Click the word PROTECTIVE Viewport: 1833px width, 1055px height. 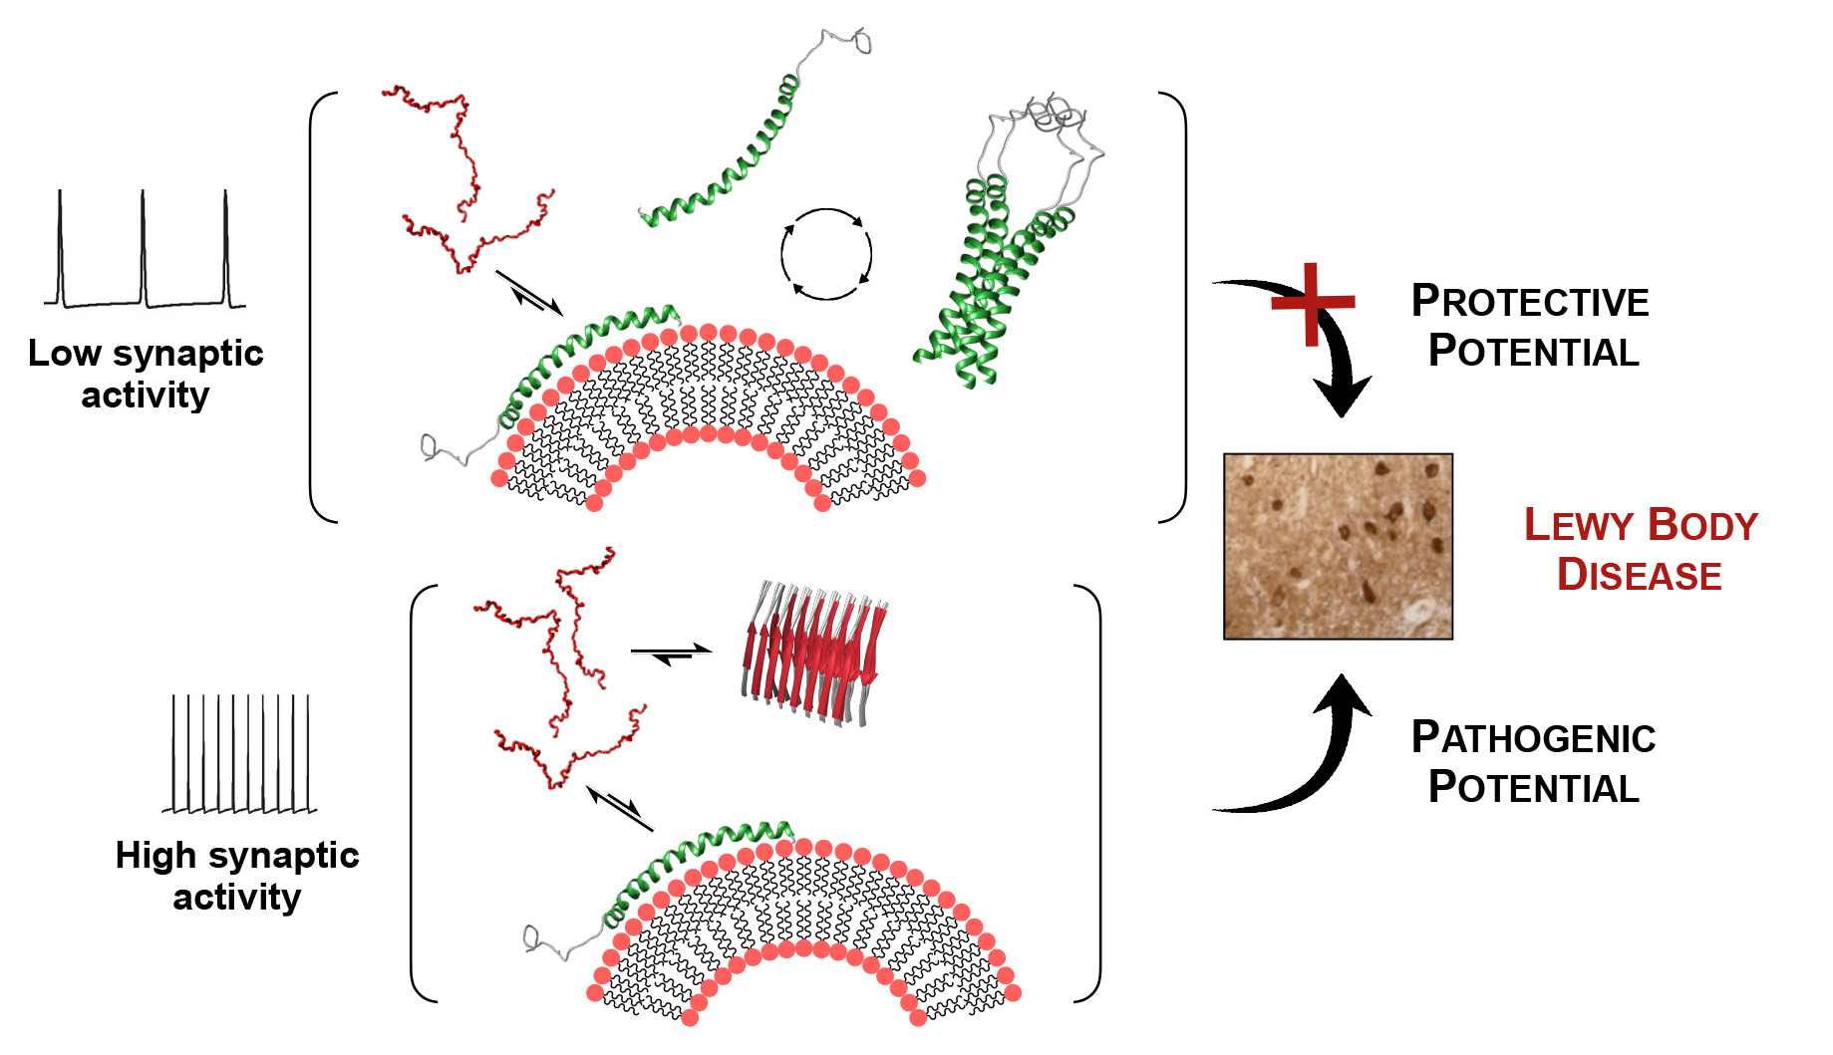(x=1530, y=301)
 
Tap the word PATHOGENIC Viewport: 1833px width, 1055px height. (x=1533, y=737)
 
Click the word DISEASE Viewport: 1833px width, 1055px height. (x=1640, y=575)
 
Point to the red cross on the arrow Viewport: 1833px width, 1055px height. (x=1313, y=303)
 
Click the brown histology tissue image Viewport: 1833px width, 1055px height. (x=1338, y=546)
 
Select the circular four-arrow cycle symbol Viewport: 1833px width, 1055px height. (x=826, y=254)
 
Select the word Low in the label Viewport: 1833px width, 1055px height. (x=65, y=353)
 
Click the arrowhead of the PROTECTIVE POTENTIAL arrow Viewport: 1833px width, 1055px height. (x=1342, y=396)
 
